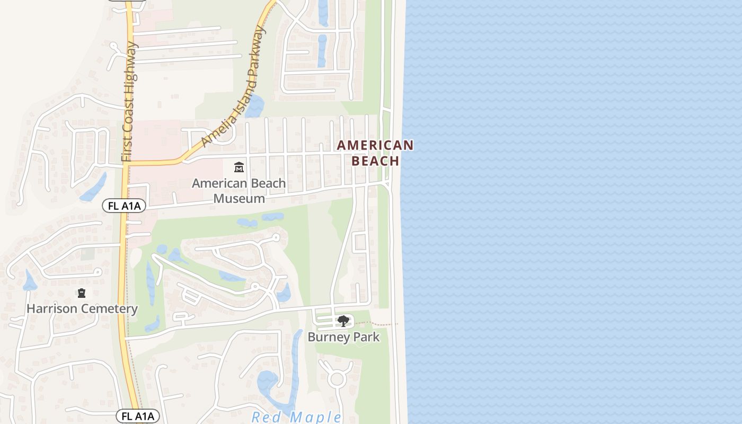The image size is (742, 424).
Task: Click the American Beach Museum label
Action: coord(238,191)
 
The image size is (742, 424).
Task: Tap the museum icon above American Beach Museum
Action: coord(239,167)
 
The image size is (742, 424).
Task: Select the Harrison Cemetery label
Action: coord(82,308)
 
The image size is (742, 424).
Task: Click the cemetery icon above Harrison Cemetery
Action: coord(82,293)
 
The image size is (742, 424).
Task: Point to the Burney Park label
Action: coord(343,337)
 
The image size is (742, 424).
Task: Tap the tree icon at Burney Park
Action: coord(343,321)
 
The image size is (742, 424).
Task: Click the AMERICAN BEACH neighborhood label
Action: coord(375,153)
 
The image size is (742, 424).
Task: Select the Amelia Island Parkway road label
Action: coord(234,86)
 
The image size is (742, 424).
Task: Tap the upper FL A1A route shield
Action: coord(124,206)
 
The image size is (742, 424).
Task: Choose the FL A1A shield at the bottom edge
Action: coord(138,416)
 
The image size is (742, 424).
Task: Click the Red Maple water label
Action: coord(296,417)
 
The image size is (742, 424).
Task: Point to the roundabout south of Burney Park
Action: coord(337,379)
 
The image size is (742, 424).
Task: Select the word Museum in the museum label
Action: coord(238,199)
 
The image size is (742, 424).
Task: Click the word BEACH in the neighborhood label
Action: coord(375,161)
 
